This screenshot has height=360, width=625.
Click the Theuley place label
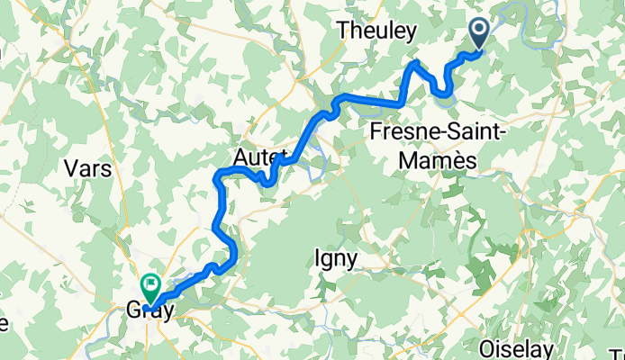(x=377, y=31)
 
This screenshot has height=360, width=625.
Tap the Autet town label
(x=259, y=157)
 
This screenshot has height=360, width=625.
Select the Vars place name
(x=90, y=168)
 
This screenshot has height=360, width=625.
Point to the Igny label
(x=336, y=258)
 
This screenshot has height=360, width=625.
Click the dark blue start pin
(x=478, y=34)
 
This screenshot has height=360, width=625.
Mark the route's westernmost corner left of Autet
(x=216, y=175)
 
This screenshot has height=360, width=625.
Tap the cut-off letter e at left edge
(x=3, y=321)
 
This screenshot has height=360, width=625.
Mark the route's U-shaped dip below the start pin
(x=442, y=89)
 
